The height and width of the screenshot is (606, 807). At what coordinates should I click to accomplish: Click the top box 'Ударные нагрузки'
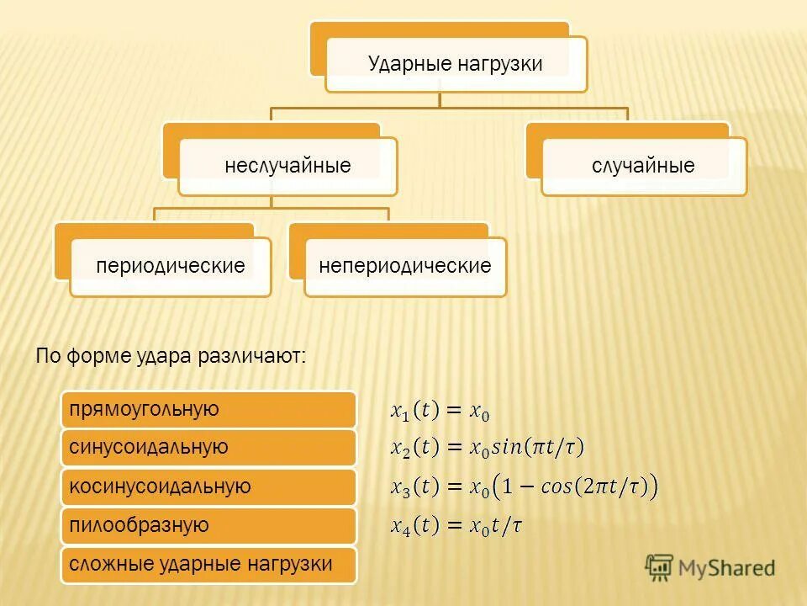[x=456, y=64]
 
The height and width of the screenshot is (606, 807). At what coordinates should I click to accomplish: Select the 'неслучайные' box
[x=287, y=166]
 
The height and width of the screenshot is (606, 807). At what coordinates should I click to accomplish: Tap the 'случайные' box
[x=643, y=166]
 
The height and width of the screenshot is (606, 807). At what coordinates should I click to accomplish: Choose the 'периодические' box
[x=171, y=267]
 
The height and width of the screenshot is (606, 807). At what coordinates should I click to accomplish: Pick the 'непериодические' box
[x=405, y=267]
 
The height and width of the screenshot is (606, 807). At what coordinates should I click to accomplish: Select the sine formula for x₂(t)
[x=487, y=448]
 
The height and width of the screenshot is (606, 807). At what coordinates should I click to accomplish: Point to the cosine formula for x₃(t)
[x=524, y=486]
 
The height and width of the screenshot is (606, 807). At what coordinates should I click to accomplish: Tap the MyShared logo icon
[x=659, y=566]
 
